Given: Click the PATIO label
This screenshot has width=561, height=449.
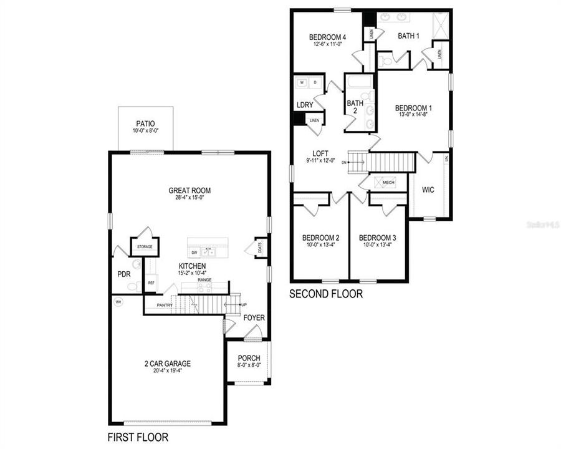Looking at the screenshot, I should pos(146,123).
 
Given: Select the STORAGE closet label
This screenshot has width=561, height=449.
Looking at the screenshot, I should pos(145,247).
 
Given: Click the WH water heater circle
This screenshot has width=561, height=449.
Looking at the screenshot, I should pos(118,302).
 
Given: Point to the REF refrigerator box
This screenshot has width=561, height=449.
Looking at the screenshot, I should pos(151,283).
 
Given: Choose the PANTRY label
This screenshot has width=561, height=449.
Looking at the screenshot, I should pos(165,305).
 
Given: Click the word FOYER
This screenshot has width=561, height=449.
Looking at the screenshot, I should pos(254,318).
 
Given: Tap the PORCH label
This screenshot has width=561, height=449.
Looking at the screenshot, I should pos(249,359).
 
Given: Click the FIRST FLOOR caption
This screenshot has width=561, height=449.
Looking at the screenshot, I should pos(138,437).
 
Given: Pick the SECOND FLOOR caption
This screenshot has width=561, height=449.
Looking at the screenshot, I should pos(326,294).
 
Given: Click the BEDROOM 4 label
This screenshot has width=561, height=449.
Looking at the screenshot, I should pos(327,37).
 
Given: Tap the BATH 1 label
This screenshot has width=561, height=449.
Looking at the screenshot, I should pos(408,36).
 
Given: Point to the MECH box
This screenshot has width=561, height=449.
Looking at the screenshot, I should pos(388,183).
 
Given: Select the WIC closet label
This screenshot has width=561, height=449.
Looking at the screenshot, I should pos(428,189).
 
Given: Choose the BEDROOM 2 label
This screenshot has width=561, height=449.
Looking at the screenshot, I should pos(320,238).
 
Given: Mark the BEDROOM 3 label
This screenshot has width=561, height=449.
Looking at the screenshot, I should pos(378,238).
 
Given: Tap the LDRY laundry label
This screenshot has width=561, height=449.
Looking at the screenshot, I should pos(304,105).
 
